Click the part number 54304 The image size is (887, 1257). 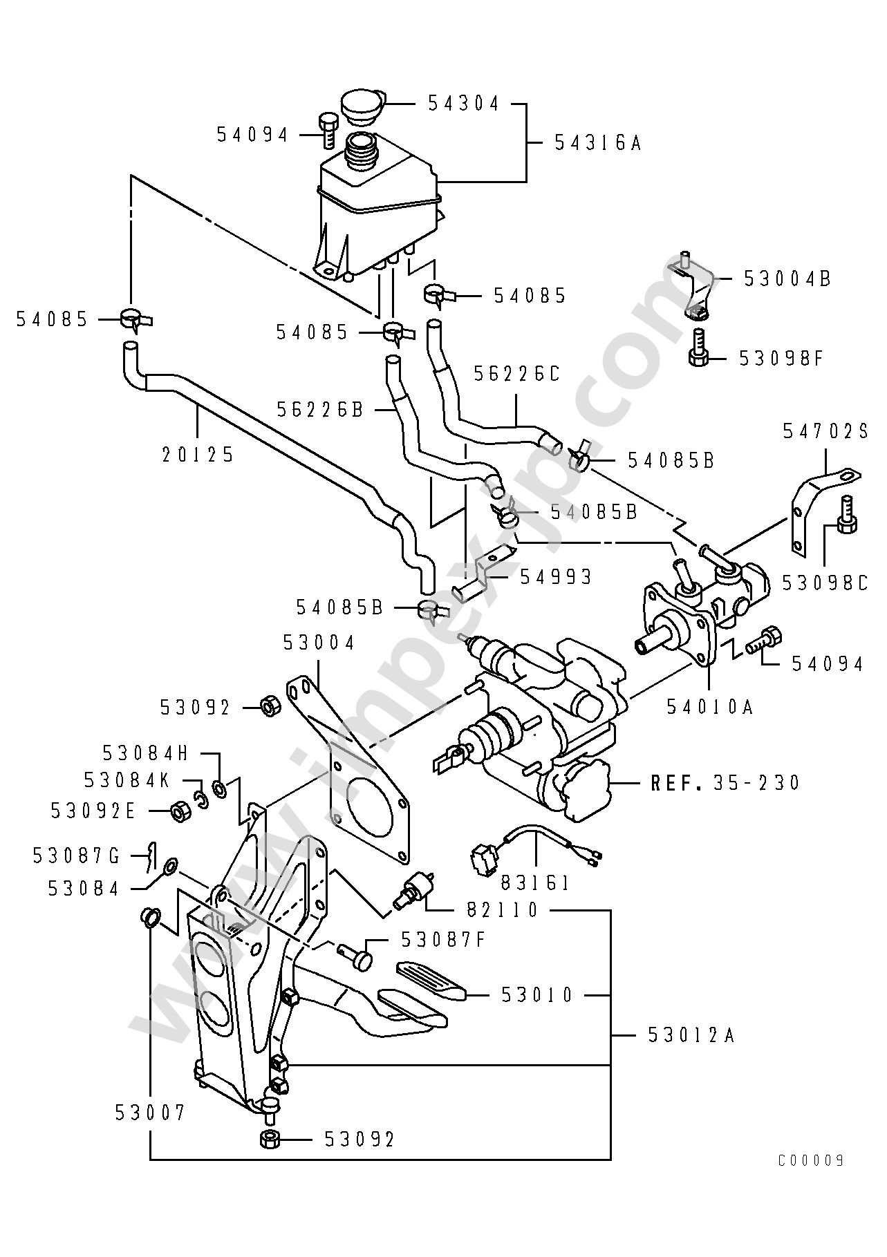pos(464,104)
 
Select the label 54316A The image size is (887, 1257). pos(598,143)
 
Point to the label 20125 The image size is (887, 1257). pos(198,455)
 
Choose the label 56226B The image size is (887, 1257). pos(320,410)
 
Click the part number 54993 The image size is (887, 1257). pos(556,576)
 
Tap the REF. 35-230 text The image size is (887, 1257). pos(725,782)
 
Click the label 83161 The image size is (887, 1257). pos(535,882)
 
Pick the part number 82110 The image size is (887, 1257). pos(502,910)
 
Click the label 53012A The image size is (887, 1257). pos(691,1034)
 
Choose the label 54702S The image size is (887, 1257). pos(825,431)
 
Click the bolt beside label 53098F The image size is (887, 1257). pos(698,348)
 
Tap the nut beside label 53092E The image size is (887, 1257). pos(179,811)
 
